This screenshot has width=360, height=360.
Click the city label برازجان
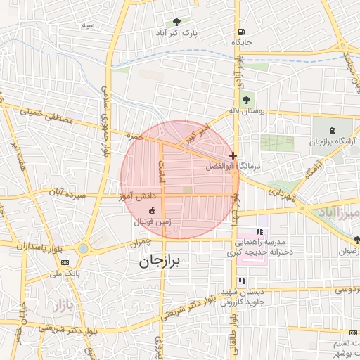click(x=156, y=262)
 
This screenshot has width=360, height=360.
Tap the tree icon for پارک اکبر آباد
click(x=176, y=21)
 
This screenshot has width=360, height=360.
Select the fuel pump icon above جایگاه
click(x=242, y=32)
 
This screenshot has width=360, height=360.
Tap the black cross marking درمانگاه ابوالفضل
click(x=233, y=155)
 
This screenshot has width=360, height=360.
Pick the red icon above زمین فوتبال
click(x=152, y=210)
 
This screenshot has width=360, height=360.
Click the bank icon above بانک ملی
click(x=65, y=262)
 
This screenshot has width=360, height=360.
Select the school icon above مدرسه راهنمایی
click(x=259, y=231)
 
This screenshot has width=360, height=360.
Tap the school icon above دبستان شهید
click(x=243, y=281)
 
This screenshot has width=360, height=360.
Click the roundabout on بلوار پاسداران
click(x=83, y=248)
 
